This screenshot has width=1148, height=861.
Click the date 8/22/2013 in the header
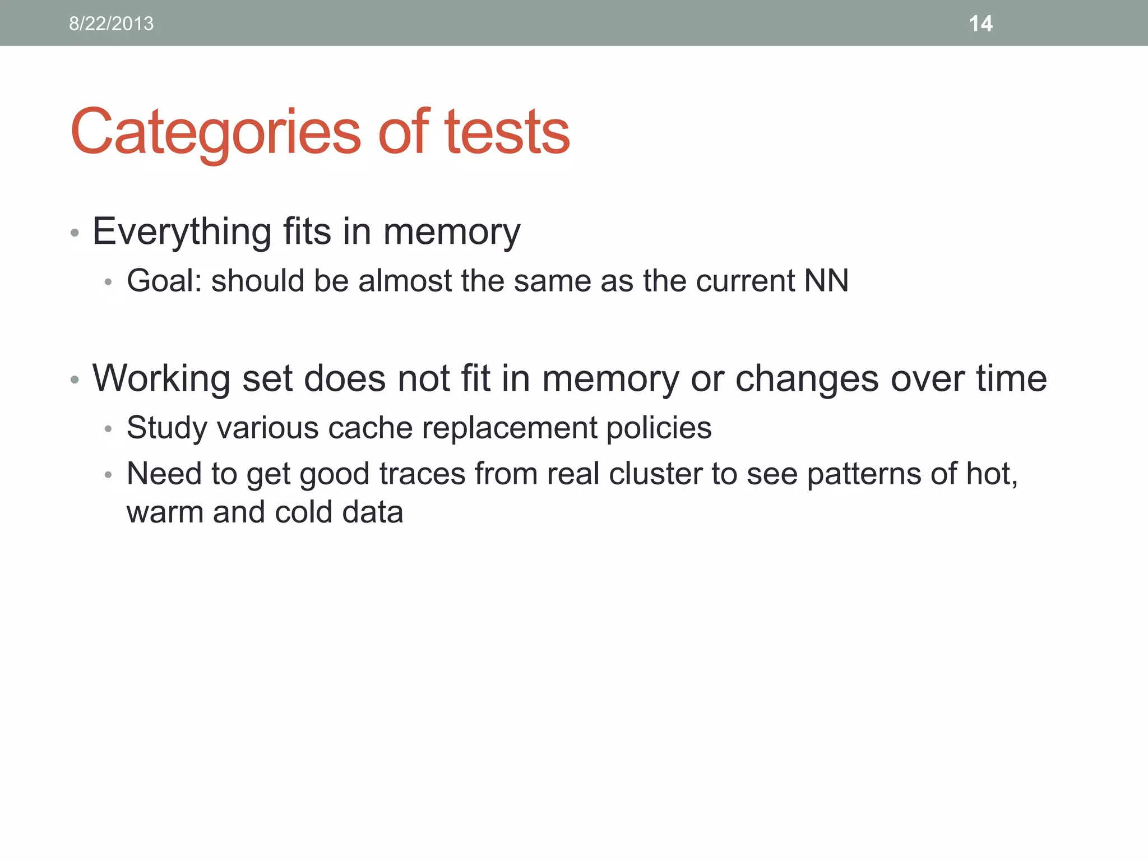coord(111,24)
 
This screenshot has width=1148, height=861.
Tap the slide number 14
coord(980,24)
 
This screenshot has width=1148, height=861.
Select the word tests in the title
coord(507,132)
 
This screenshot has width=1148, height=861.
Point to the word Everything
coord(182,232)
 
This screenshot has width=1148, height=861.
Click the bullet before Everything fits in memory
coord(75,233)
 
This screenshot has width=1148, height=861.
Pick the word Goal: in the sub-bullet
coord(164,280)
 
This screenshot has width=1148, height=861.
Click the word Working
coord(161,378)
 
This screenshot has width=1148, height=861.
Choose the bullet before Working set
coord(75,380)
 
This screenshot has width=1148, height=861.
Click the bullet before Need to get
coord(109,475)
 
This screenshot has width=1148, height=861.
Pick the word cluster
coord(655,474)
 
